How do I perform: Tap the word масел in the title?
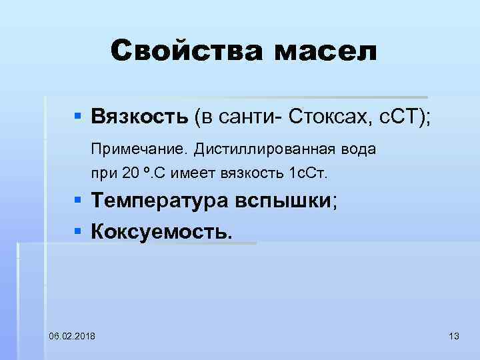click(x=318, y=51)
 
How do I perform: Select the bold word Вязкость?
click(x=140, y=118)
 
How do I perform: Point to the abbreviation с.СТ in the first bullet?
click(x=397, y=118)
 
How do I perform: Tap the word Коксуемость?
click(x=163, y=231)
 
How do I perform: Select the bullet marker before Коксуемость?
click(x=78, y=231)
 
